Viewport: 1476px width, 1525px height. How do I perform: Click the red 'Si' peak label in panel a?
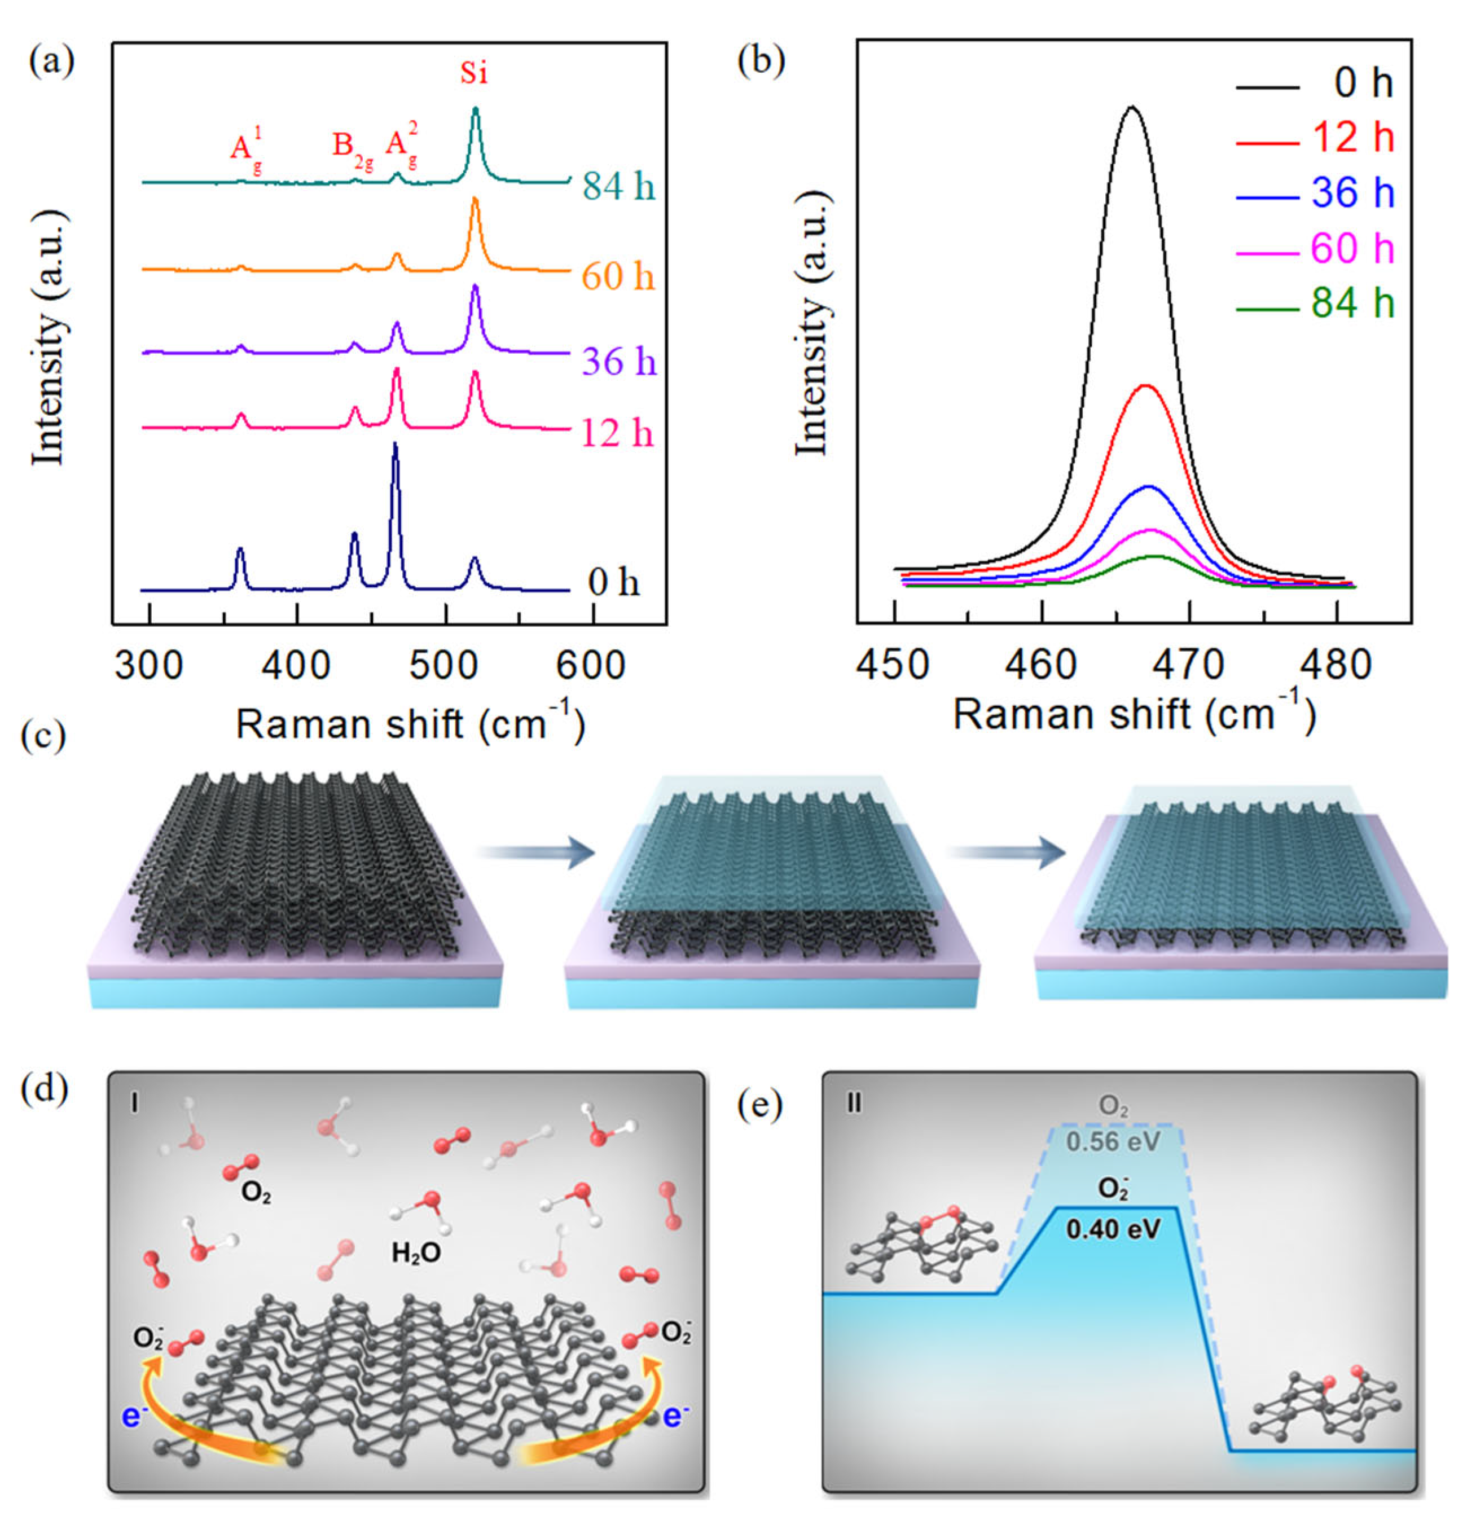pyautogui.click(x=474, y=73)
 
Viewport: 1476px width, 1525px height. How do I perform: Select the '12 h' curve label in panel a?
pyautogui.click(x=618, y=433)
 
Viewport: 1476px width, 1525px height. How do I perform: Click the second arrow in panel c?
pyautogui.click(x=1005, y=852)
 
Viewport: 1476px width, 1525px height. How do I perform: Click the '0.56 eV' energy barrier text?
pyautogui.click(x=1113, y=1141)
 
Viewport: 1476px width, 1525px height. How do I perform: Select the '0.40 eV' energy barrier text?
pyautogui.click(x=1113, y=1229)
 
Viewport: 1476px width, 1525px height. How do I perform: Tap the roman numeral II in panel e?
pyautogui.click(x=854, y=1104)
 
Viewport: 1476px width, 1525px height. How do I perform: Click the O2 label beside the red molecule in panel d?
pyautogui.click(x=256, y=1193)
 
